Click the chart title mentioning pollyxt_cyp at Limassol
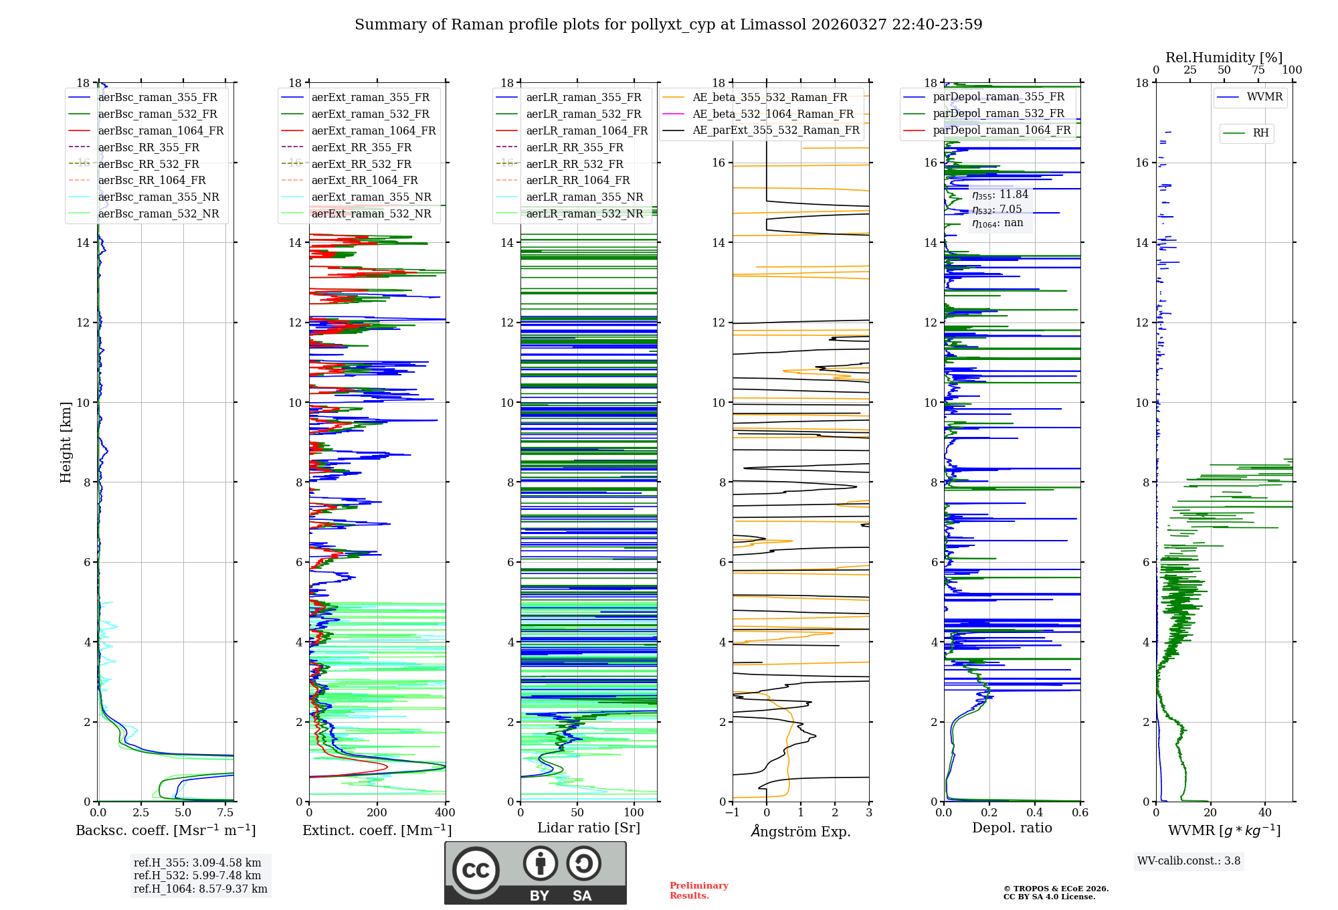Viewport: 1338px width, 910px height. coord(668,25)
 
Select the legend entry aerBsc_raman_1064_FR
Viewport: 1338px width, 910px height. coord(161,130)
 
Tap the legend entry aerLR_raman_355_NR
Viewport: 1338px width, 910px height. coord(584,197)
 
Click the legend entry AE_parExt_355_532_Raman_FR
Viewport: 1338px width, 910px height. coord(775,130)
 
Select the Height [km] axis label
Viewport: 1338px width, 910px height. coord(66,442)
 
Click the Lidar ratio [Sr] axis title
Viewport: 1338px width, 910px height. coord(589,828)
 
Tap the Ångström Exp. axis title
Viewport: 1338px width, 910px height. coord(801,831)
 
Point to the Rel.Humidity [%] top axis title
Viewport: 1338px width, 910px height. coord(1224,58)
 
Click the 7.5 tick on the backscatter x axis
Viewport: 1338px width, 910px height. coord(225,813)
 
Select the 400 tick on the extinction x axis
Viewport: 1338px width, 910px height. coord(445,813)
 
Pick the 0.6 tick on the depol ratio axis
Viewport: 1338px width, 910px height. coord(1080,813)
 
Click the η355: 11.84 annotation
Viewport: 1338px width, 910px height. coord(1000,195)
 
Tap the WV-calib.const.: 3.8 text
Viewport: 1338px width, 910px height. coord(1189,861)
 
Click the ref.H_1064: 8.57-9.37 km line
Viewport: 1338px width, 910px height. coord(201,889)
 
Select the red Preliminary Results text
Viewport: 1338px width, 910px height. coord(698,891)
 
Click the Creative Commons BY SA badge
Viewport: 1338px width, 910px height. coord(535,873)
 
